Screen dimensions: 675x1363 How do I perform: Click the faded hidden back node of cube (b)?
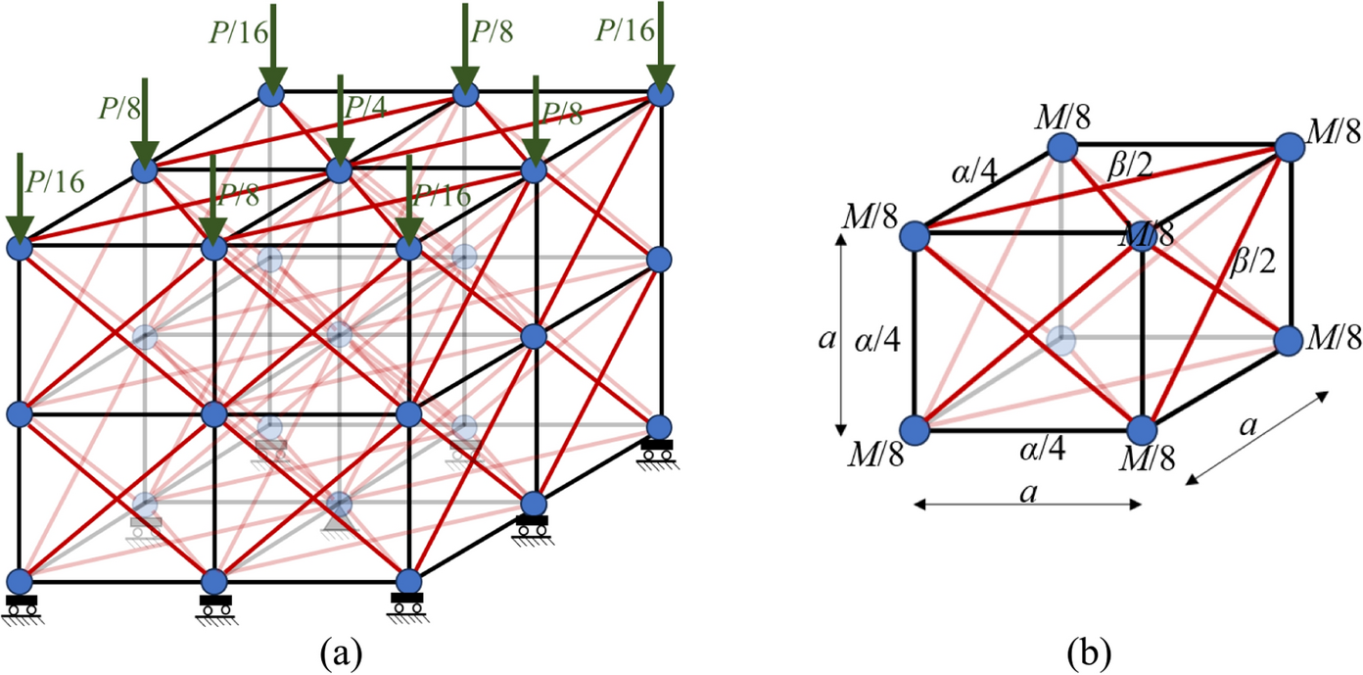click(x=1061, y=340)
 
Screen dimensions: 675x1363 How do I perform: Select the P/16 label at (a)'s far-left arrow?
click(x=55, y=183)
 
